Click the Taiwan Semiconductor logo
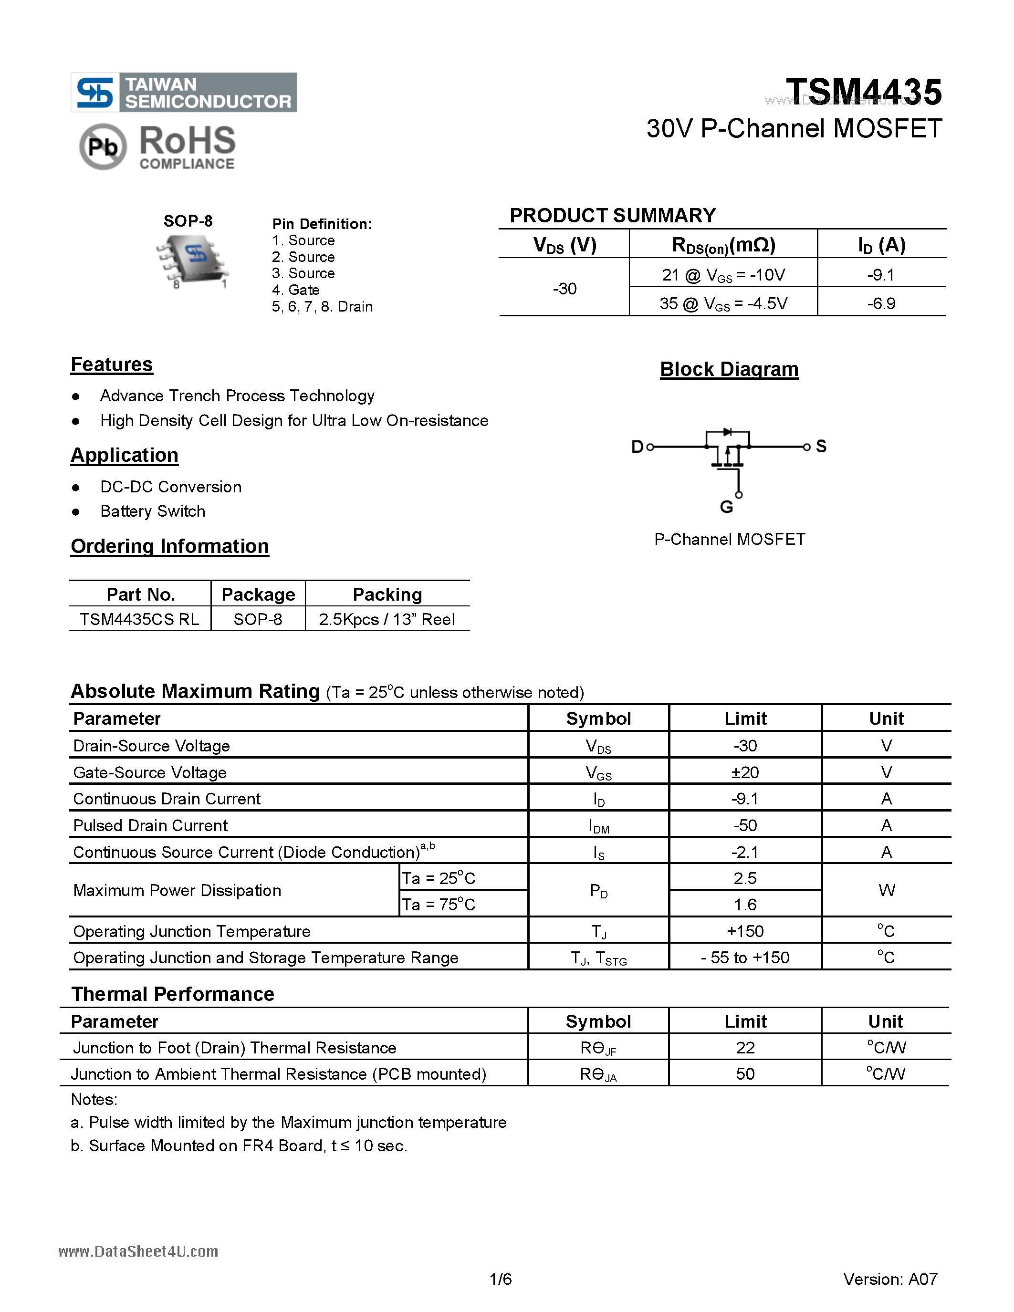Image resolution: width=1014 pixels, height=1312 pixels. (183, 93)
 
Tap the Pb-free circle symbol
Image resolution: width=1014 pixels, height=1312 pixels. (103, 146)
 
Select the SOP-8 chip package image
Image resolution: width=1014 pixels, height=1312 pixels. (192, 260)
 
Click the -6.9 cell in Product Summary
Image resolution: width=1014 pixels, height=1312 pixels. (881, 303)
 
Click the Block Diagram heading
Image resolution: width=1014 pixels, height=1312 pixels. (729, 369)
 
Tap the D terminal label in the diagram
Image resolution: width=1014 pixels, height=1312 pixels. (637, 447)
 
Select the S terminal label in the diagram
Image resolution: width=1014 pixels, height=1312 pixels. (821, 446)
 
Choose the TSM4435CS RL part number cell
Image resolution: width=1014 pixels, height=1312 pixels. (139, 619)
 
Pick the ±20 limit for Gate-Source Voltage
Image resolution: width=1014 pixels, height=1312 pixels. (745, 772)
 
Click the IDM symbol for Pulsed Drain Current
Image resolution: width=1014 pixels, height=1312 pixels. (598, 826)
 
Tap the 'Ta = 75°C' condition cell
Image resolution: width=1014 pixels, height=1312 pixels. (439, 904)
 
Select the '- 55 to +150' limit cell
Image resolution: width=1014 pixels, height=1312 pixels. (745, 957)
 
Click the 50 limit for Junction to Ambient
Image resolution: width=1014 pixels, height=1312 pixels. (745, 1073)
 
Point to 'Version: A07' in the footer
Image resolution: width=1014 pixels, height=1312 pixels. (889, 1279)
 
